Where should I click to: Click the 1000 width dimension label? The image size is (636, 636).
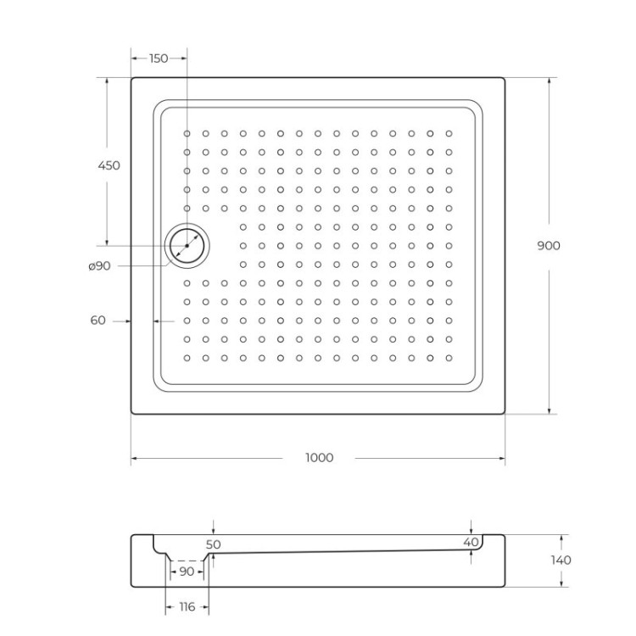319,458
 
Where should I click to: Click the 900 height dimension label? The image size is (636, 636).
549,246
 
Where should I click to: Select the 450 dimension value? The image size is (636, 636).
109,165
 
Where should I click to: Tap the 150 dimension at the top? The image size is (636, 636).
159,59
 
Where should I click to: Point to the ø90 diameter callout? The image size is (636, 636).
99,266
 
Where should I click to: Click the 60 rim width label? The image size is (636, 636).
98,321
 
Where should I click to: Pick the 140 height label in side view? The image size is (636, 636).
561,560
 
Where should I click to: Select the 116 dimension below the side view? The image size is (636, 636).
187,607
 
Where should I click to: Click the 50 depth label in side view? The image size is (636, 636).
213,544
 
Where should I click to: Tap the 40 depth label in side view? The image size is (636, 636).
471,542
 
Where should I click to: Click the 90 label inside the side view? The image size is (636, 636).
186,572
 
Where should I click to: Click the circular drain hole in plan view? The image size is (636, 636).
186,246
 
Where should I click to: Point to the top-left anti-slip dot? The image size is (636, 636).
187,133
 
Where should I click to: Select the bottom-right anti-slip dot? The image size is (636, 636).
449,358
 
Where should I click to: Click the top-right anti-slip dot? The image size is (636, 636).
449,133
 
